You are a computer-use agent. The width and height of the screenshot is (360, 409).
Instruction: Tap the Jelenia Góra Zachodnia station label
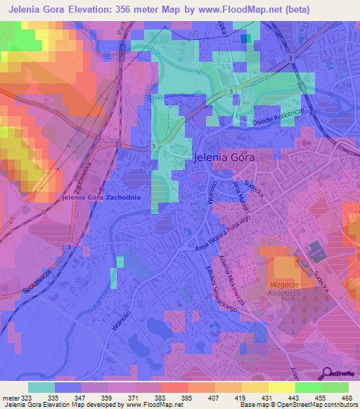click(x=101, y=197)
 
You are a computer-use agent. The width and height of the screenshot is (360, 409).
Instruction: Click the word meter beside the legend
click(x=9, y=397)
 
